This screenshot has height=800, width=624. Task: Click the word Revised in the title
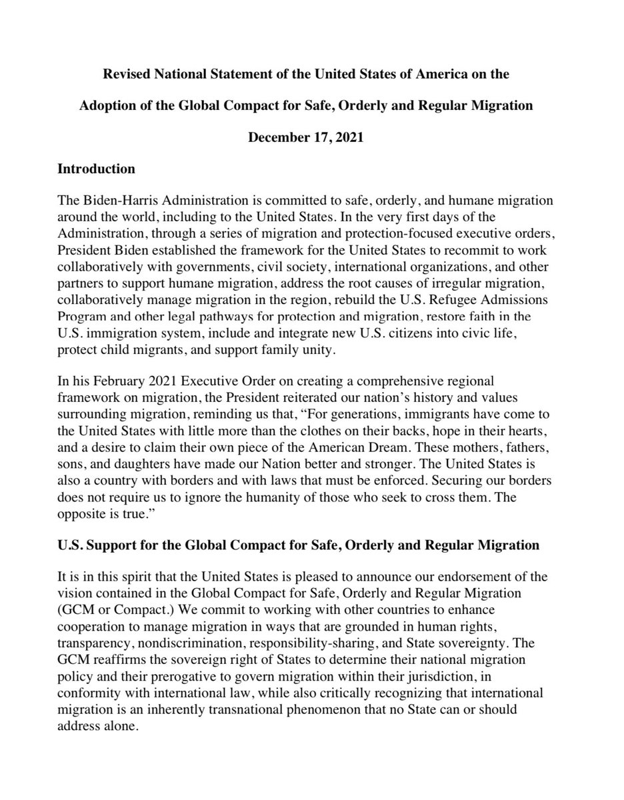pos(127,74)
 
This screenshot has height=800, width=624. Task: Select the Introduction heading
pos(97,169)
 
